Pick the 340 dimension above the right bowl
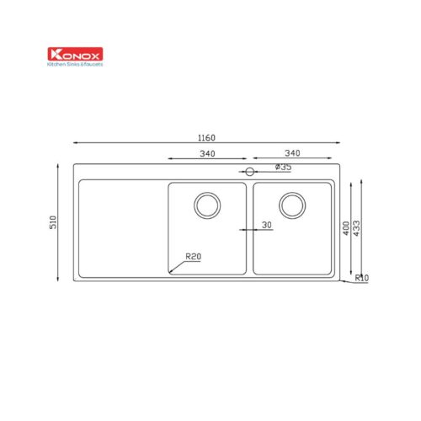292,153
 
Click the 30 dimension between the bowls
267,225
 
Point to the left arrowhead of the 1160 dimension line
75,141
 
